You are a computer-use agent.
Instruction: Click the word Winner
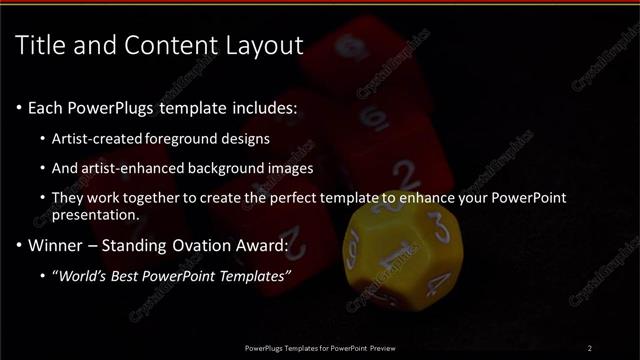55,244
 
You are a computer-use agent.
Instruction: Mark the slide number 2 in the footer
590,348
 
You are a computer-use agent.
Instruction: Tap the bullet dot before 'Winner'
20,245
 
